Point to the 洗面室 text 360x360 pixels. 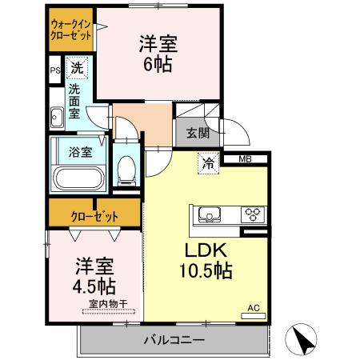point(75,102)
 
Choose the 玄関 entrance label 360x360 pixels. point(198,133)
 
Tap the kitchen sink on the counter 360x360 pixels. point(210,214)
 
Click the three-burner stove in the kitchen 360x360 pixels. point(254,214)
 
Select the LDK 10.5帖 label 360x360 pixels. point(209,259)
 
